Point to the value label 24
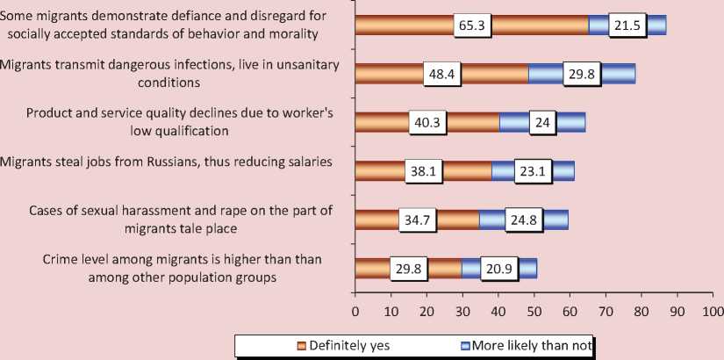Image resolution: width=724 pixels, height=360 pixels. click(542, 123)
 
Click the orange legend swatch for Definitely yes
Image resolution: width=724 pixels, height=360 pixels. click(301, 345)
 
